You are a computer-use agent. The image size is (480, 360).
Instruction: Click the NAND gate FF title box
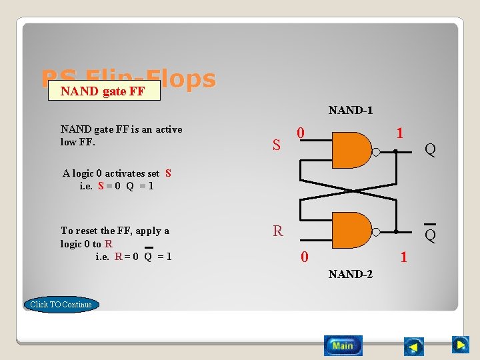tap(103, 91)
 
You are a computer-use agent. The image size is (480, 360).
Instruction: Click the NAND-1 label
tap(350, 110)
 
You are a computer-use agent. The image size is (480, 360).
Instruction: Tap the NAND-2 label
tap(350, 274)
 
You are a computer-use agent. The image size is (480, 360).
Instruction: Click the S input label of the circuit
tap(276, 144)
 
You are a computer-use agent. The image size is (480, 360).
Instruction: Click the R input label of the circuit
tap(277, 231)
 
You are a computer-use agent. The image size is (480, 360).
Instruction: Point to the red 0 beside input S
tap(301, 133)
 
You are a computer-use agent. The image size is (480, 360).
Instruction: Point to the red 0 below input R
tap(304, 256)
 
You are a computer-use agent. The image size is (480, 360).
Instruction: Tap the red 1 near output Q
tap(399, 133)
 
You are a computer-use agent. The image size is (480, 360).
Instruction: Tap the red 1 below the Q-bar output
tap(403, 256)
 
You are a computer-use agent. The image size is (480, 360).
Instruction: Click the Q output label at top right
tap(431, 150)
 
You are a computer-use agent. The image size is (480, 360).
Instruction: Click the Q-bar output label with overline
tap(431, 234)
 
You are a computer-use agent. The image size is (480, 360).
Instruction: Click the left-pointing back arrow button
tap(414, 346)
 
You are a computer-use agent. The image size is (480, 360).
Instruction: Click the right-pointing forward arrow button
tap(460, 345)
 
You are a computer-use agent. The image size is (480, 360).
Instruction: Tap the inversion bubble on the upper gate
tap(375, 151)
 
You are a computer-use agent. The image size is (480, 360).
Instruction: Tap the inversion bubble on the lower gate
tap(375, 231)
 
